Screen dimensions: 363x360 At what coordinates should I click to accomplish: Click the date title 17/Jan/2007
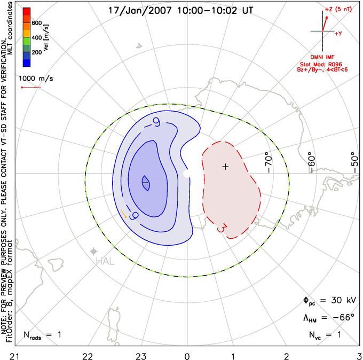(x=140, y=11)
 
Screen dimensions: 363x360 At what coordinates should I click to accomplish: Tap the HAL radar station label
(x=105, y=262)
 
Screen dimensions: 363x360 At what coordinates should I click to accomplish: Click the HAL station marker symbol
(x=93, y=251)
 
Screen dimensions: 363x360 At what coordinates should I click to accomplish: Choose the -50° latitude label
(x=354, y=162)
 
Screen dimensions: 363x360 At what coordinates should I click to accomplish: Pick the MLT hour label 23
(x=141, y=356)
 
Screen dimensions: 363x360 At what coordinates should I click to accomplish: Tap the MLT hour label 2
(x=286, y=356)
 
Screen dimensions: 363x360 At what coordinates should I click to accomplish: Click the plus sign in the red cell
(x=225, y=167)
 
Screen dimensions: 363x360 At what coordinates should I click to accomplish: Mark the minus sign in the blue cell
(x=145, y=183)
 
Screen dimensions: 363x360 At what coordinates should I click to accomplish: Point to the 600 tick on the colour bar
(x=37, y=23)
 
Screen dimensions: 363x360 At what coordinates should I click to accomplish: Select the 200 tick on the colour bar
(x=37, y=52)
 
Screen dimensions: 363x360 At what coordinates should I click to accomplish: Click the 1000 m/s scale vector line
(x=31, y=88)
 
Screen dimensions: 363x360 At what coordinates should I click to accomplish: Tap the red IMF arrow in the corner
(x=325, y=24)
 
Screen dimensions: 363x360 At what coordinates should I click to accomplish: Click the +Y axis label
(x=338, y=34)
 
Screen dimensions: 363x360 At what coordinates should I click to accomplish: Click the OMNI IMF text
(x=322, y=57)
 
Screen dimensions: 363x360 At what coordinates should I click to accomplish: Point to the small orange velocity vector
(x=124, y=214)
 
